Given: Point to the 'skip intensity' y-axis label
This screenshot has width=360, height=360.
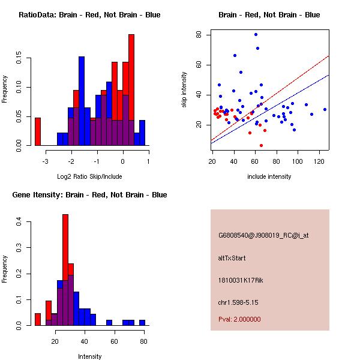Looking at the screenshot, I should [x=185, y=90].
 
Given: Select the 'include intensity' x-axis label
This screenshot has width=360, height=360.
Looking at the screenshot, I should [x=269, y=177].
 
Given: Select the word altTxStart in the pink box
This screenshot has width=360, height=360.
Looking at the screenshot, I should [x=232, y=258].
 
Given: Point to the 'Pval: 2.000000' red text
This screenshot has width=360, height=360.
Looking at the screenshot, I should [x=239, y=319].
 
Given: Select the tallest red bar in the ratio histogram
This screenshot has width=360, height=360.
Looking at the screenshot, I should [x=131, y=90].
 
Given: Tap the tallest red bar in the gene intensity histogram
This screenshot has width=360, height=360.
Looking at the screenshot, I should [x=65, y=270].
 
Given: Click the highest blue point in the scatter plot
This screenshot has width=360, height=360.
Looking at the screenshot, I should [x=256, y=34].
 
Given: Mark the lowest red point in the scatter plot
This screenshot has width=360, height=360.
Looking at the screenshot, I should [x=261, y=145].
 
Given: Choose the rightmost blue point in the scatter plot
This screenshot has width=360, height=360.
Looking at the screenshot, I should [x=325, y=109].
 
